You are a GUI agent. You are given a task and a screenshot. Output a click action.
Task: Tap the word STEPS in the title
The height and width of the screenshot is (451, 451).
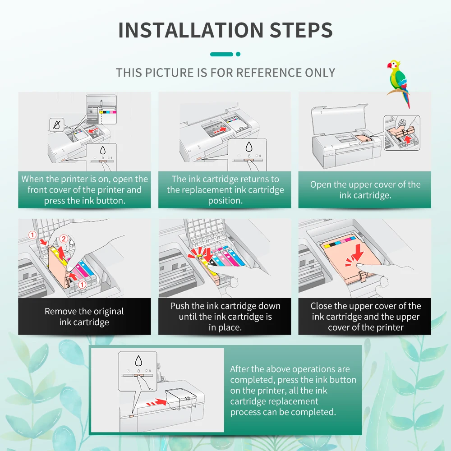point(301,29)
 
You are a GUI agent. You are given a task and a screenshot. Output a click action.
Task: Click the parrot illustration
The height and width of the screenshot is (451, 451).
point(399,83)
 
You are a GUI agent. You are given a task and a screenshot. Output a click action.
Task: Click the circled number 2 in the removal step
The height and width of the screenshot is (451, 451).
point(64,239)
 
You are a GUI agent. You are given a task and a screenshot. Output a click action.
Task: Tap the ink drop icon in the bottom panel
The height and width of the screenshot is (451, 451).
point(138,361)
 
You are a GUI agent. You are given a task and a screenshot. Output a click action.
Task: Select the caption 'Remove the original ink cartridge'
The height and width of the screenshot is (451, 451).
point(84,317)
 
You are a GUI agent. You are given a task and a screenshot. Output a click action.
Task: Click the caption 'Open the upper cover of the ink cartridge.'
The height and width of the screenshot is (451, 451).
point(365,190)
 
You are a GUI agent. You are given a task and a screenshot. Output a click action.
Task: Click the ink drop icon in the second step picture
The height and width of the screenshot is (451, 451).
point(249,147)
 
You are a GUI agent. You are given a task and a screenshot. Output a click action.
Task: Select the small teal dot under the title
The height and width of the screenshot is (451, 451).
point(238,54)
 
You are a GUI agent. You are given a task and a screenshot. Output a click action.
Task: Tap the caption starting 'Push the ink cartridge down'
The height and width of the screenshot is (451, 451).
point(225,317)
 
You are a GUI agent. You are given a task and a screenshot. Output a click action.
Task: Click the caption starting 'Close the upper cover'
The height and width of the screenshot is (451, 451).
point(365,317)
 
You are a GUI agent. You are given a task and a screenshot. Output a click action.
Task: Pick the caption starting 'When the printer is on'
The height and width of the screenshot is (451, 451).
point(84,190)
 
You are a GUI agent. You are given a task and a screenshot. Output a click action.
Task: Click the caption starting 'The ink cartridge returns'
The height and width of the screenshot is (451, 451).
point(225,190)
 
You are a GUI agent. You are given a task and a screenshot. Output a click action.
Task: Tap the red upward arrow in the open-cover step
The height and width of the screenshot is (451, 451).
point(408,139)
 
